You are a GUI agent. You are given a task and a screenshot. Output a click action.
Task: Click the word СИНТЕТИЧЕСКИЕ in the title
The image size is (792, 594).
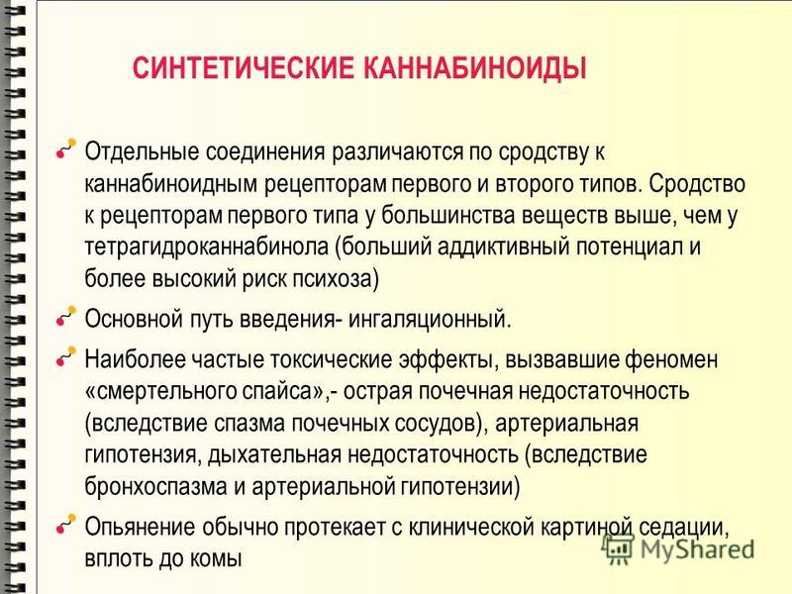click(x=244, y=68)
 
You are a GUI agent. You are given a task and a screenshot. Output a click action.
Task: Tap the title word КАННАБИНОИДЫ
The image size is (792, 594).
click(x=475, y=68)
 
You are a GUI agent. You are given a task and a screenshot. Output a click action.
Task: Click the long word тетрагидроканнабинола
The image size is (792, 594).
click(x=207, y=247)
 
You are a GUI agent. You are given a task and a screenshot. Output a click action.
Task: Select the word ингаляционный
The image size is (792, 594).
click(x=430, y=319)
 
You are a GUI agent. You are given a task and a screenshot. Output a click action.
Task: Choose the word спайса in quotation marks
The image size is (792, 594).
click(x=276, y=391)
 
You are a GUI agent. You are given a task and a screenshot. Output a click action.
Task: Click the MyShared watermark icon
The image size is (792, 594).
click(x=618, y=548)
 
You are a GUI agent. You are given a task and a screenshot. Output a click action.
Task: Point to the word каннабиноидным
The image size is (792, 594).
click(x=170, y=184)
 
